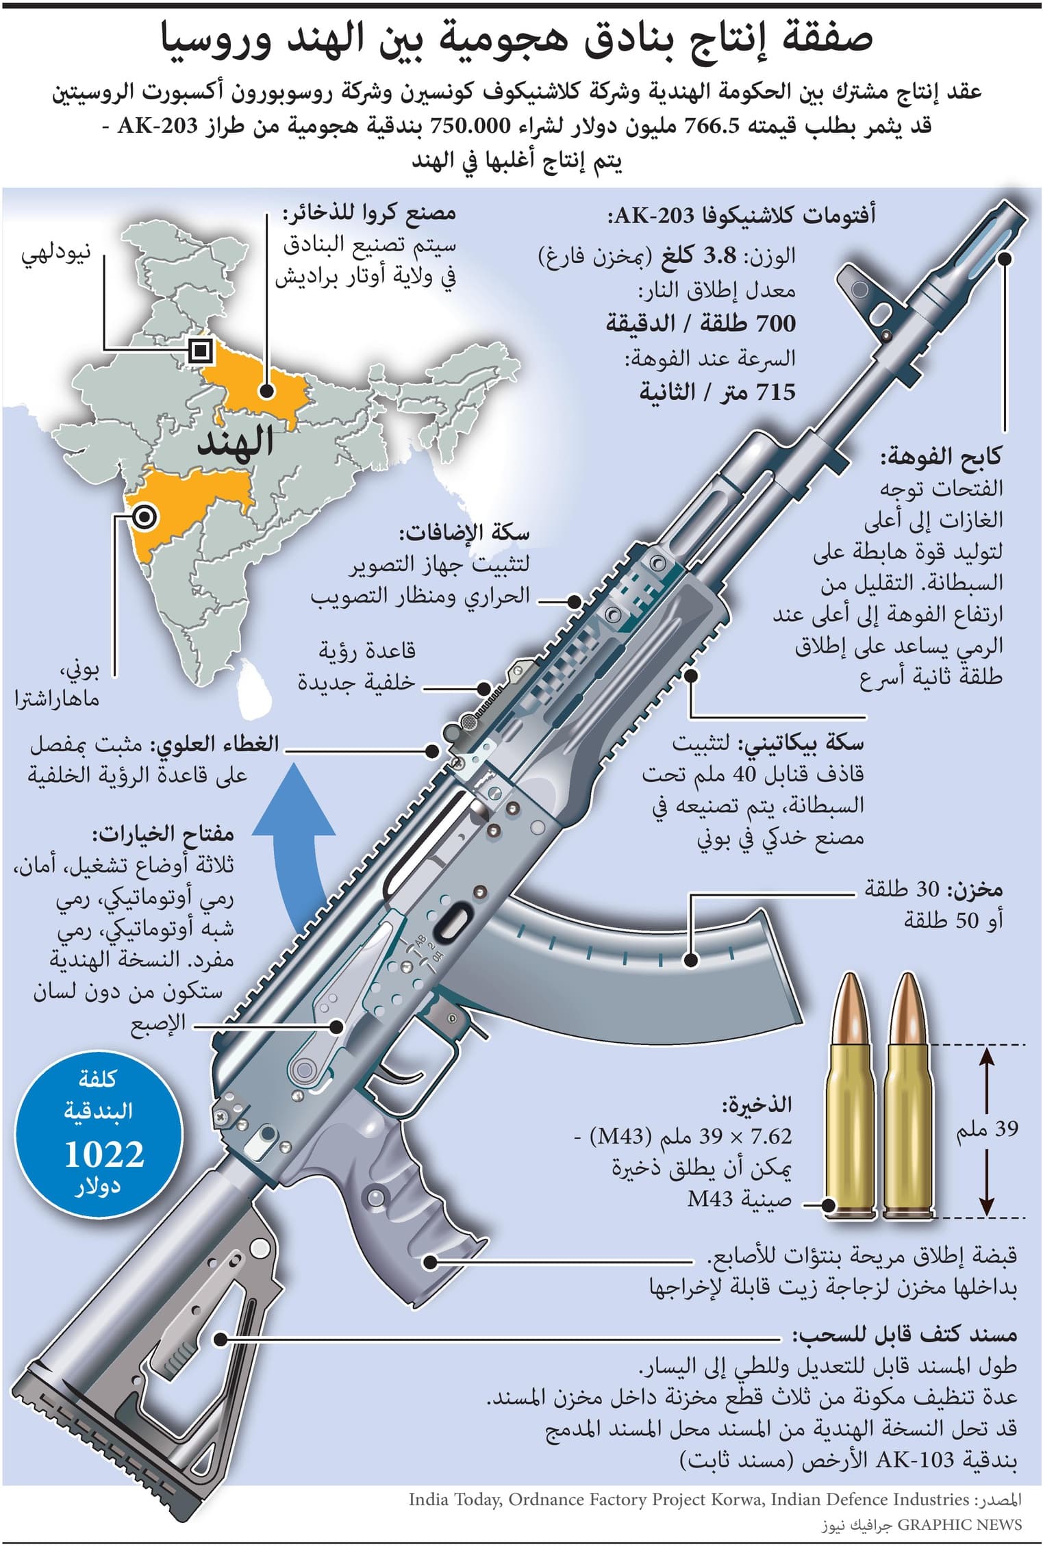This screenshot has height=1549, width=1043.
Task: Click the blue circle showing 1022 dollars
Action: pyautogui.click(x=103, y=1131)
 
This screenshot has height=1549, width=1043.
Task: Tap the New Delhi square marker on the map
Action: pyautogui.click(x=200, y=351)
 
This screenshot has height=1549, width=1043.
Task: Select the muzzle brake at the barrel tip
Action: pyautogui.click(x=986, y=240)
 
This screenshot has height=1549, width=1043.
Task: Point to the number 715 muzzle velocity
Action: pyautogui.click(x=775, y=392)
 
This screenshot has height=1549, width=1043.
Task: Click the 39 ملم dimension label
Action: pyautogui.click(x=987, y=1128)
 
